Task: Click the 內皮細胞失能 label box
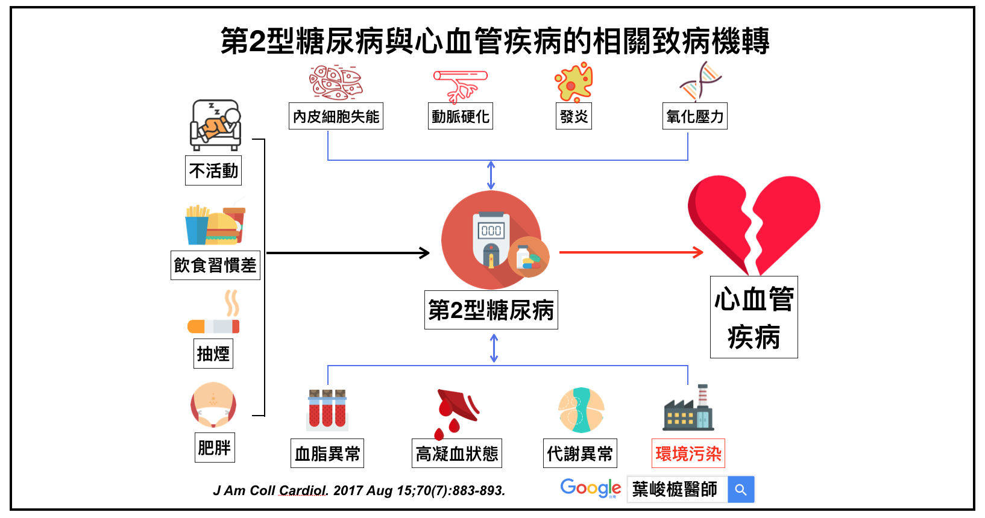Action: [336, 116]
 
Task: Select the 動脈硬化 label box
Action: [461, 116]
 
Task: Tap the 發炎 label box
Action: [573, 116]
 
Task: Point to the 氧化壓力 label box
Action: [695, 116]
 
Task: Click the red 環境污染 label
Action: [688, 454]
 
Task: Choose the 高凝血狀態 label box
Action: [457, 454]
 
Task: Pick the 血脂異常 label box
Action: [327, 454]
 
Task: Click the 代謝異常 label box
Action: [580, 454]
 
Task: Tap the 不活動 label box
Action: [213, 171]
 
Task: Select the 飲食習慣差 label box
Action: [215, 265]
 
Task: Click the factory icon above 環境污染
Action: [688, 410]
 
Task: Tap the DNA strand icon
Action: [700, 81]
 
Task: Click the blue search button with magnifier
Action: [741, 490]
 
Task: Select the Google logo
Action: [590, 488]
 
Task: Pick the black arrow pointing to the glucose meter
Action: [348, 253]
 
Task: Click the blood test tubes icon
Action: [327, 409]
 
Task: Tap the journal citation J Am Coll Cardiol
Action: [359, 491]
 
